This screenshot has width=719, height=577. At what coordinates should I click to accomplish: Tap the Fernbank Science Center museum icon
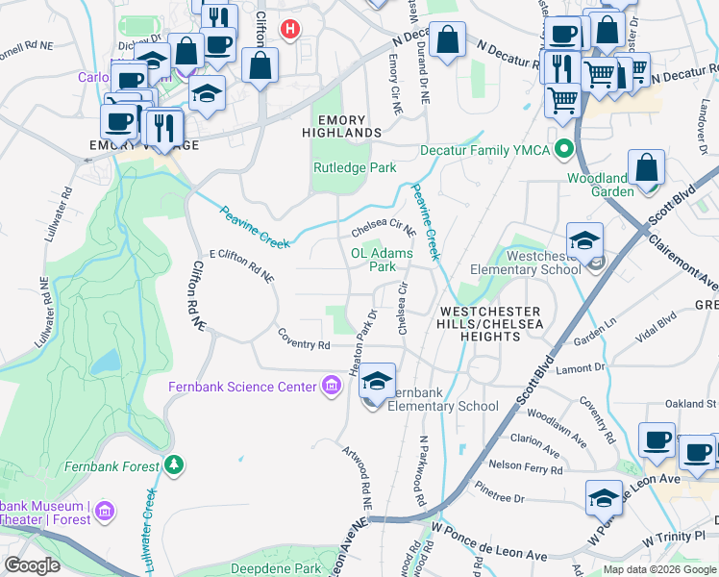331,387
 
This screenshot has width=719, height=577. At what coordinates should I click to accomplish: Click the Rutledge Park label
355,167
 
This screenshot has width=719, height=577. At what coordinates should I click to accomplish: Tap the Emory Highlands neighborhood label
342,125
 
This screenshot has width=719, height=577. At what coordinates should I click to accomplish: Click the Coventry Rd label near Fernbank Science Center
304,344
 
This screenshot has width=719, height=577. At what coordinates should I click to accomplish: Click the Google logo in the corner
32,564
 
